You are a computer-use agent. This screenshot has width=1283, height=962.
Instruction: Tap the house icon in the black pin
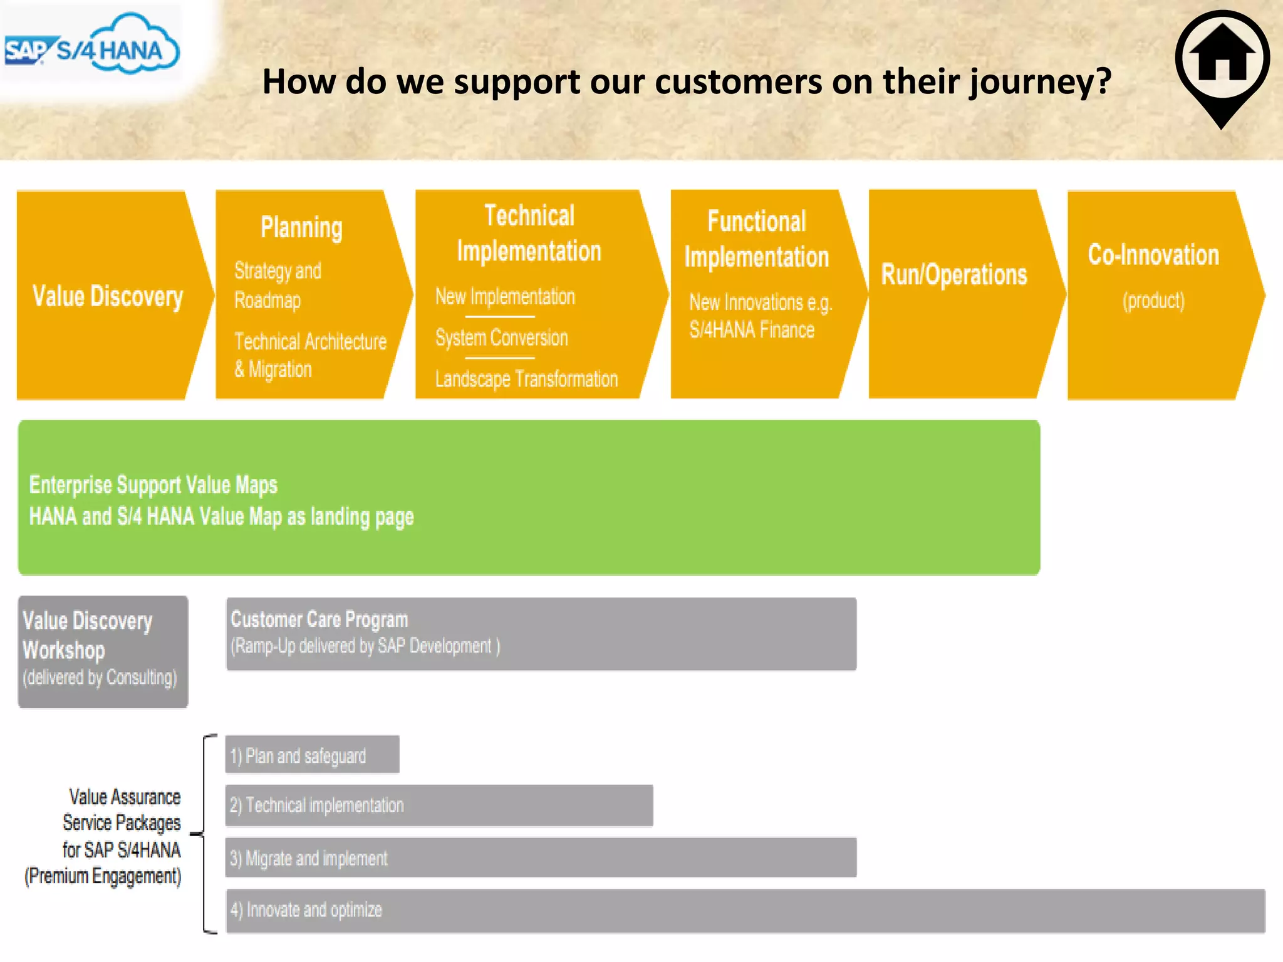pos(1222,58)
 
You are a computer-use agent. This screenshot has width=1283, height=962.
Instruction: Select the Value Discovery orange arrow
pos(108,296)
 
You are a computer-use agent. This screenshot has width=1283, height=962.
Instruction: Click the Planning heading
pos(301,227)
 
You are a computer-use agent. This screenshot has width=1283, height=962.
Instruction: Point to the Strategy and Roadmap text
pos(278,285)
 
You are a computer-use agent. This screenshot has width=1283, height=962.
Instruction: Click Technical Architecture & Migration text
pos(309,355)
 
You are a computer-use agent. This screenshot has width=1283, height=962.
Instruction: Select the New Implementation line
pos(505,296)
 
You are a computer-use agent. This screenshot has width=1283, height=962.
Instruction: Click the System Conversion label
pos(501,338)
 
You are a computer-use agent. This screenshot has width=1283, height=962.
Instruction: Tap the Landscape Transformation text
pos(526,379)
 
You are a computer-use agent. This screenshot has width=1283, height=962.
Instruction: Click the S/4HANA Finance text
pos(752,329)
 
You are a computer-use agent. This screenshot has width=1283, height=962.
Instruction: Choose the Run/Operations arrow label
pos(953,274)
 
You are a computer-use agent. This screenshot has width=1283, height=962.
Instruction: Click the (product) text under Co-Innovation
pos(1153,301)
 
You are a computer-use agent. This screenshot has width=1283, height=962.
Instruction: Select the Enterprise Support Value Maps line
pos(153,485)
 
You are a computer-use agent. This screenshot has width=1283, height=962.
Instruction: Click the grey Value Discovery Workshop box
pos(103,651)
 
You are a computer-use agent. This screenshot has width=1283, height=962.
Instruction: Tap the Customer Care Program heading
pos(319,619)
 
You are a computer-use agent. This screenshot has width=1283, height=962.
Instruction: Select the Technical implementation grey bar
pos(439,805)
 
